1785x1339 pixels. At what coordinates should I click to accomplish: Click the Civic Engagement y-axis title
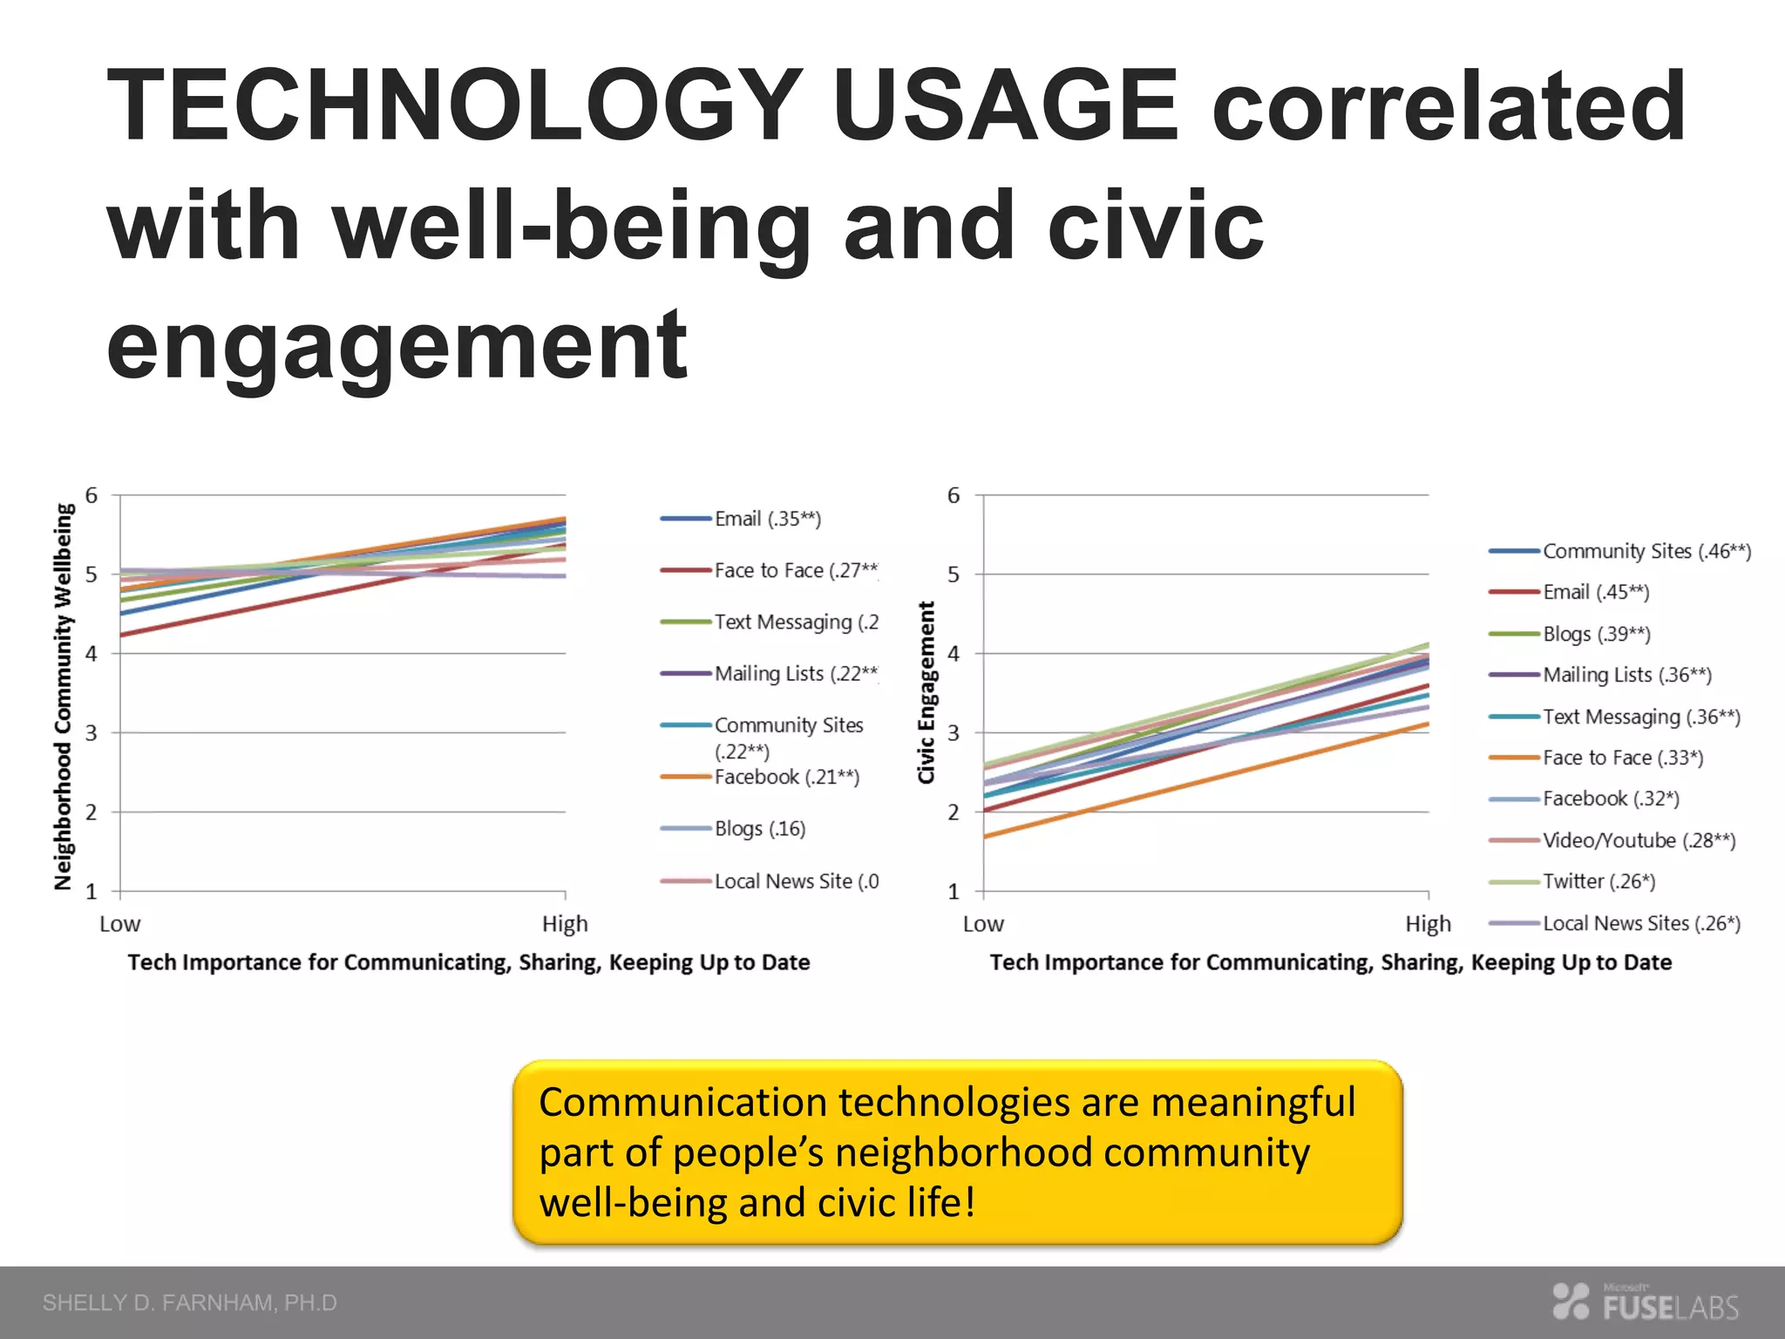point(926,692)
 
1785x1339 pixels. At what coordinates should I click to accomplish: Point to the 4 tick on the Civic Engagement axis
point(954,654)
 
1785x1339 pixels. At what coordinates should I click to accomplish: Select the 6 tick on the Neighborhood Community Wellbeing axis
point(92,495)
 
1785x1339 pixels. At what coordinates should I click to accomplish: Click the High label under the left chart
point(565,924)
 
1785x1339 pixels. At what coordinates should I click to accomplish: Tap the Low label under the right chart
point(983,924)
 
